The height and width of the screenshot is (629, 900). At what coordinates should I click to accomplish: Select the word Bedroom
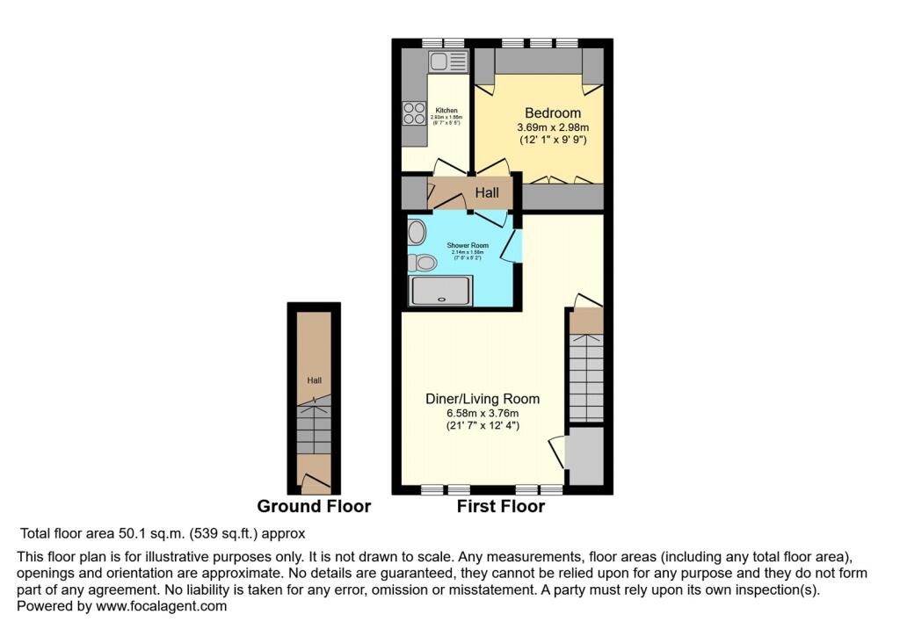point(553,112)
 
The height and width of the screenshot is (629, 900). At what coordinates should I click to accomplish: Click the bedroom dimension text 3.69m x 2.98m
point(553,127)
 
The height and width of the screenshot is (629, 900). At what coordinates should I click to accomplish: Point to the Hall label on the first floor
point(487,192)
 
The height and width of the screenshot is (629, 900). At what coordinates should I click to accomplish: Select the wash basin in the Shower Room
point(416,232)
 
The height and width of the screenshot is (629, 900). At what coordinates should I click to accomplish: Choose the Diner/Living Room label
point(483,398)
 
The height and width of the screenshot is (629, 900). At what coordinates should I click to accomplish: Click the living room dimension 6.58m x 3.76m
point(483,413)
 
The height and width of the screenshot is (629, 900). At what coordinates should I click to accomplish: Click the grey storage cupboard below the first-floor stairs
point(585,454)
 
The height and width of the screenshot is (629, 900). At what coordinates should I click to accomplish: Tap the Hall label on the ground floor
point(314,380)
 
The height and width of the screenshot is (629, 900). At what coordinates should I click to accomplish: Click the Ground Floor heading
point(314,507)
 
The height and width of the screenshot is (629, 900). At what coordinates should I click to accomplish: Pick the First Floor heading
point(501,507)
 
